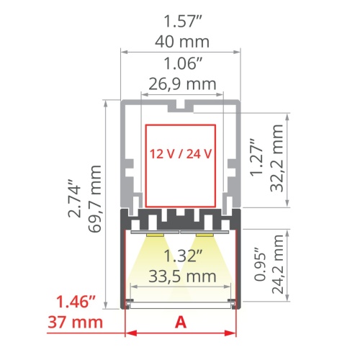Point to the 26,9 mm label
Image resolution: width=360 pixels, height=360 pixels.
(x=181, y=84)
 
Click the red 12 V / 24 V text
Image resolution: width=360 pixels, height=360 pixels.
(x=181, y=153)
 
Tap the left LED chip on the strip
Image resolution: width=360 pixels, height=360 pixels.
(x=154, y=234)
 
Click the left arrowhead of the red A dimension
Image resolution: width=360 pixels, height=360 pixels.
(x=130, y=333)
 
